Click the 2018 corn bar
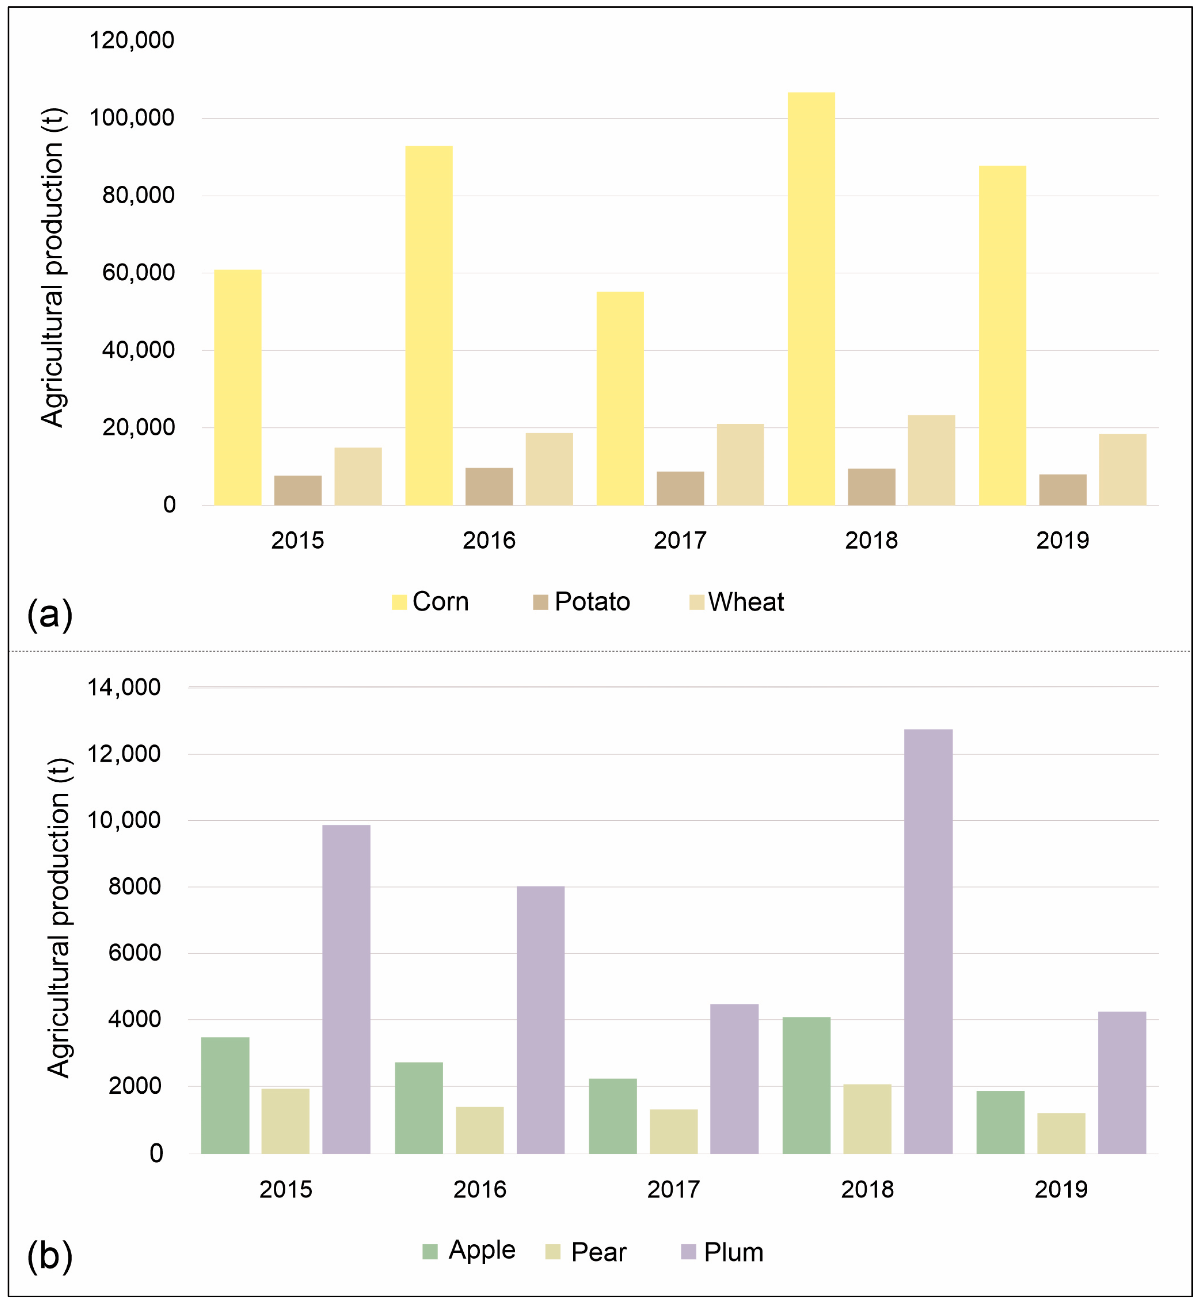click(811, 299)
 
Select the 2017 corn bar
click(620, 398)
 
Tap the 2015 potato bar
click(298, 491)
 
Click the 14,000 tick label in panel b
click(124, 687)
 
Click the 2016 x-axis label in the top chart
click(489, 540)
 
